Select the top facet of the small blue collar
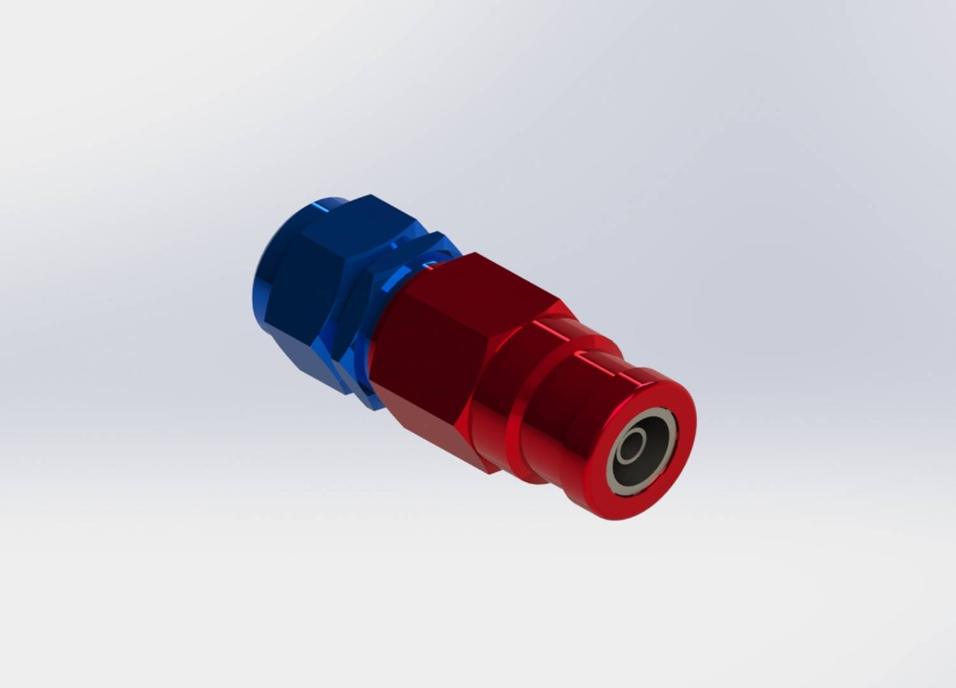tap(433, 242)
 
